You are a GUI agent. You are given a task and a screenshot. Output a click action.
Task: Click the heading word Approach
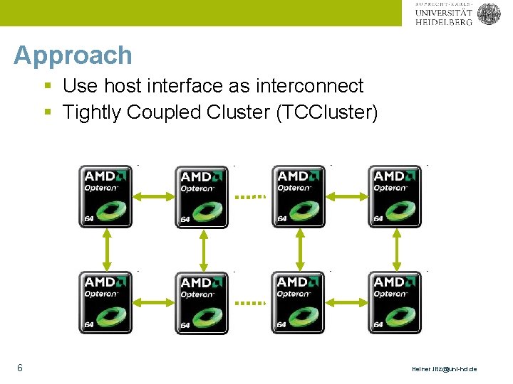[x=73, y=55]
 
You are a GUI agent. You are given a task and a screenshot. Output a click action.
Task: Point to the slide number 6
[x=19, y=368]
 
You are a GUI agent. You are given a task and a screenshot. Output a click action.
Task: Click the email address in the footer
[x=445, y=369]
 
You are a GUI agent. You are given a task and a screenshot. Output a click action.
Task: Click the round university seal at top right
[x=489, y=14]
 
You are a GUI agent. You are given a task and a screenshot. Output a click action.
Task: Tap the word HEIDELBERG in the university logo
[x=443, y=22]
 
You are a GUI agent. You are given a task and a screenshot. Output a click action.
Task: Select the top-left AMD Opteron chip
[x=105, y=197]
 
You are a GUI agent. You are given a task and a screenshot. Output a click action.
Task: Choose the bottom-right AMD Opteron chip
[x=395, y=302]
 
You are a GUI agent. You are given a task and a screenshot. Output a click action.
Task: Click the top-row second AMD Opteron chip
[x=202, y=197]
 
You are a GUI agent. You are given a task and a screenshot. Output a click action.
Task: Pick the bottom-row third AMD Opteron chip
[x=299, y=302]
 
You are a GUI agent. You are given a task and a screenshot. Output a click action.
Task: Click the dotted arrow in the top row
[x=250, y=196]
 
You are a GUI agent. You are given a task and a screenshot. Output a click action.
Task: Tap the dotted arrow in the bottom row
[x=250, y=302]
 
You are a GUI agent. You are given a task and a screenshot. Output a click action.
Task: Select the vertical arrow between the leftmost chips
[x=106, y=250]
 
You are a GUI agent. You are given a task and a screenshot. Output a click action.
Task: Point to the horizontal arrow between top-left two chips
[x=154, y=196]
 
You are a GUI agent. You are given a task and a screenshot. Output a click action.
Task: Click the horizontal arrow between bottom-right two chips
[x=346, y=302]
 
